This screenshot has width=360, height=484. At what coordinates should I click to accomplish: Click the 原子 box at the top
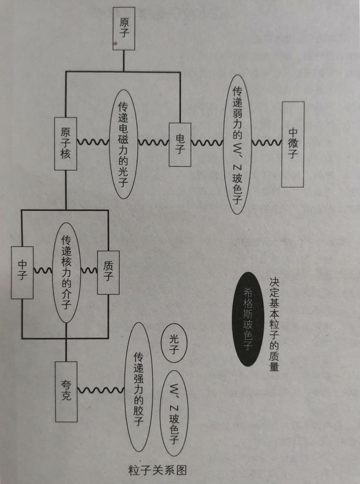[x=124, y=28]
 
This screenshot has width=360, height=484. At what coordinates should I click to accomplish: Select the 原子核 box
[x=66, y=144]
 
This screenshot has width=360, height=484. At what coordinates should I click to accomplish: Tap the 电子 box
[x=180, y=144]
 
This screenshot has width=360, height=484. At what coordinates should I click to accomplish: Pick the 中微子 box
[x=293, y=144]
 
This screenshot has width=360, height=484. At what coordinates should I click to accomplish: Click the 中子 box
[x=22, y=272]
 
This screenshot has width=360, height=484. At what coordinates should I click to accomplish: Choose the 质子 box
[x=108, y=272]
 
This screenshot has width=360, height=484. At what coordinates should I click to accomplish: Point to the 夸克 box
[x=66, y=391]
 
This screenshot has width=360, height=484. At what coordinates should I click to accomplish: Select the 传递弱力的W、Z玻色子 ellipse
[x=237, y=144]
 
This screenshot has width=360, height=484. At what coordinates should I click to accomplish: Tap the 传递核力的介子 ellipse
[x=66, y=272]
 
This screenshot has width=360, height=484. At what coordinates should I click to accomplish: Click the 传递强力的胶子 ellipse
[x=139, y=387]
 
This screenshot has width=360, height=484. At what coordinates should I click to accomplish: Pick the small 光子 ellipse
[x=174, y=343]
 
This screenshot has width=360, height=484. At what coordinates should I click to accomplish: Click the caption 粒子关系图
[x=158, y=470]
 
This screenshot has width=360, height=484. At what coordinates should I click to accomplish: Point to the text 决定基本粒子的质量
[x=274, y=324]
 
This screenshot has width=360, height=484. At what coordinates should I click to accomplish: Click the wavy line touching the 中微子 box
[x=266, y=142]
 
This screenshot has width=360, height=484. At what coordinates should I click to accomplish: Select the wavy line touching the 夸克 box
[x=101, y=390]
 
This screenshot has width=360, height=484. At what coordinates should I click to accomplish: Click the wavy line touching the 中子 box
[x=43, y=271]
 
